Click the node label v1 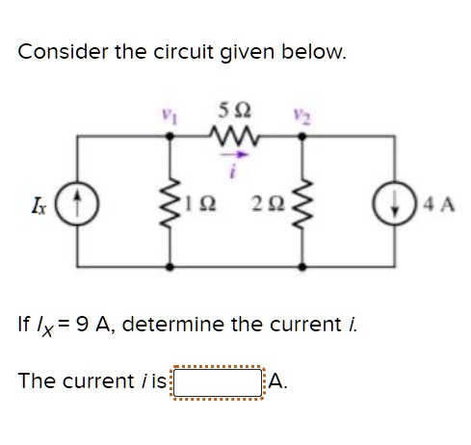coord(175,113)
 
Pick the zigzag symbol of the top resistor coord(237,133)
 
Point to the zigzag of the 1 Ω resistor coord(175,202)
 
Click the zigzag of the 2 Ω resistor coord(303,202)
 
